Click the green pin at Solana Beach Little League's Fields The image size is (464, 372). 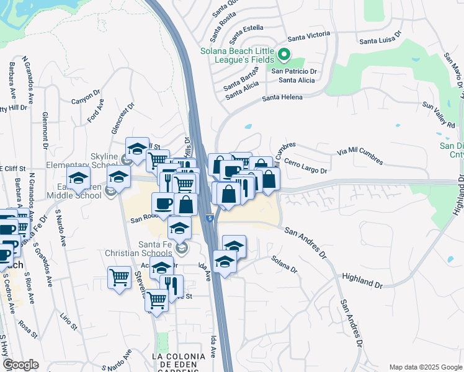pos(284,55)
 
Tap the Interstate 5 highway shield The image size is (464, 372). pos(211,218)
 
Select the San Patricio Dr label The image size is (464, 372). pos(295,71)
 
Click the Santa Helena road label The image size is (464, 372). pos(282,97)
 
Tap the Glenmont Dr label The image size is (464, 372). pos(45,131)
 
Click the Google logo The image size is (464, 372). pos(20,365)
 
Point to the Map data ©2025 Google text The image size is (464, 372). pos(425,367)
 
